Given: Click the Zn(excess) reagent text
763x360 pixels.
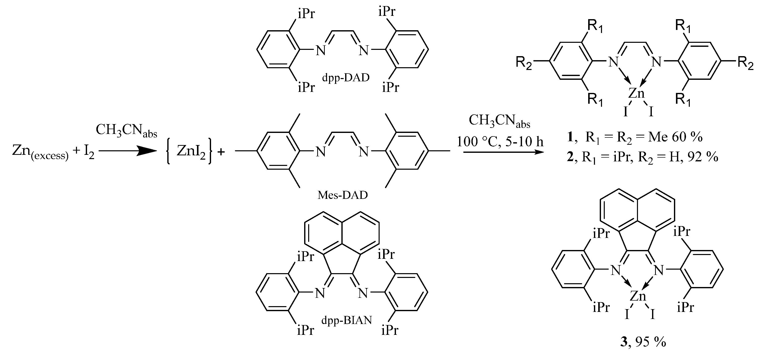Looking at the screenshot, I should click(x=40, y=151).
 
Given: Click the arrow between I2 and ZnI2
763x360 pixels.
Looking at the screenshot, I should click(x=127, y=151).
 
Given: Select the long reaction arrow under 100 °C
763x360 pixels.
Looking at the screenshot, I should click(x=504, y=152).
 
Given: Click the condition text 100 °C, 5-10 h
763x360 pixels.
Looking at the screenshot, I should click(x=500, y=142).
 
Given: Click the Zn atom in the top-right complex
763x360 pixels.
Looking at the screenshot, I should click(x=636, y=94).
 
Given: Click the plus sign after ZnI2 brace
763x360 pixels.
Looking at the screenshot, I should click(x=221, y=152).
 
